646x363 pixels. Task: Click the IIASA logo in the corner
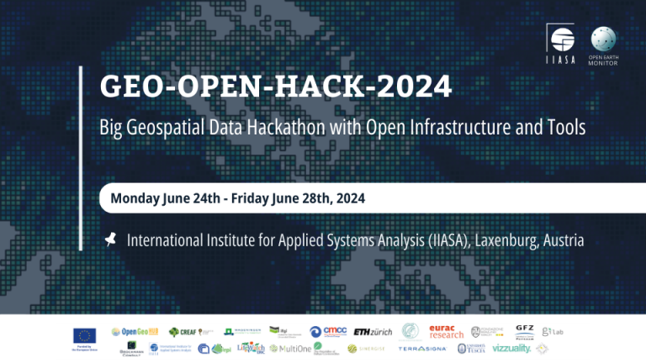pos(561,43)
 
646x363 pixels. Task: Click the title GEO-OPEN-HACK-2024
pos(276,87)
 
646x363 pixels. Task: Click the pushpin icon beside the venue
pos(109,240)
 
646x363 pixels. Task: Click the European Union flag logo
pos(84,333)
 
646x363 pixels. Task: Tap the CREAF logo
pos(183,332)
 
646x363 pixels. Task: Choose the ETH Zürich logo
pos(373,332)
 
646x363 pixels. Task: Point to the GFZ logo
pos(524,332)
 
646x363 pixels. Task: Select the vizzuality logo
pos(511,348)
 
